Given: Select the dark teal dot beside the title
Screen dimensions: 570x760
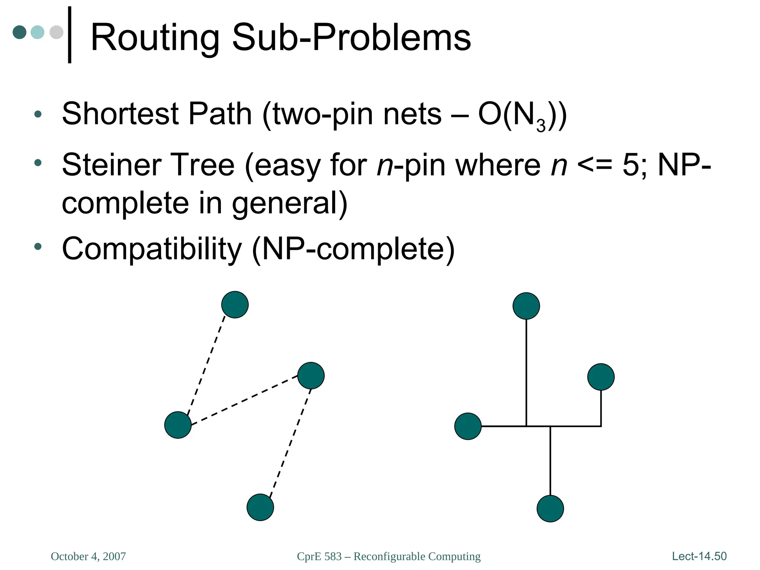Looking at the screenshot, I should tap(19, 32).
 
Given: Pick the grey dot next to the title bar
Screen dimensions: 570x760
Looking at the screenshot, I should tap(56, 32).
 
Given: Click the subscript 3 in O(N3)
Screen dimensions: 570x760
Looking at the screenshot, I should tap(541, 126).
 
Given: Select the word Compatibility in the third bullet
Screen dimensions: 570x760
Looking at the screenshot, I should tap(152, 249).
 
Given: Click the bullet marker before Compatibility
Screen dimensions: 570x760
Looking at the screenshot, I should tap(37, 246).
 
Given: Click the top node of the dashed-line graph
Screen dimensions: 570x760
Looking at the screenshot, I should tap(235, 305).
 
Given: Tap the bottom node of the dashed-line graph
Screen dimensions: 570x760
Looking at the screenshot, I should tap(260, 507).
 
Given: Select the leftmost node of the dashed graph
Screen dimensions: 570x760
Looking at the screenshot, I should tap(178, 425).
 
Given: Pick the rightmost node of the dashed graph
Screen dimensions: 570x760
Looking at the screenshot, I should tap(311, 376).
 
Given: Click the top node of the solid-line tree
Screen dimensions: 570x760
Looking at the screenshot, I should tap(526, 306).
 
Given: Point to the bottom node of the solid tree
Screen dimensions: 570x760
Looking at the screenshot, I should tap(550, 508).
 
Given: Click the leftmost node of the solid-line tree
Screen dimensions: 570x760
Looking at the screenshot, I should tap(468, 426).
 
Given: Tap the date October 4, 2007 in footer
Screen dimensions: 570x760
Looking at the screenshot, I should tap(88, 556).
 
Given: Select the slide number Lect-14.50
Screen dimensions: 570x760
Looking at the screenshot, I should tap(699, 556).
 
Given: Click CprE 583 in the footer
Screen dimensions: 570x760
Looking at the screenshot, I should tap(319, 556).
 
